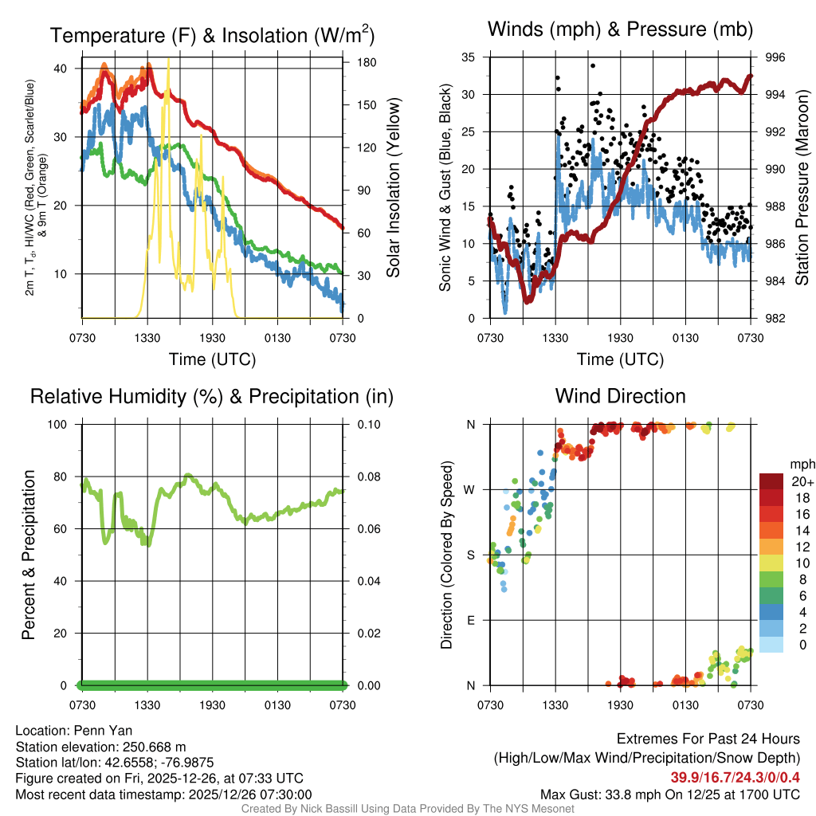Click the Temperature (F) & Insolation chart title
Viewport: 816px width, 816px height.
click(212, 36)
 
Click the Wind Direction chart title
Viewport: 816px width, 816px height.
click(620, 396)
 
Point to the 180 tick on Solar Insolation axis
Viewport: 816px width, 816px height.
click(360, 62)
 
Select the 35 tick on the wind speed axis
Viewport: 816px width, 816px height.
click(468, 57)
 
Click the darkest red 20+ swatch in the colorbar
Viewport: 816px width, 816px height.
click(772, 481)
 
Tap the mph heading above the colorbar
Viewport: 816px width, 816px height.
click(801, 464)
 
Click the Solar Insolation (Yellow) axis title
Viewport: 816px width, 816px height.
click(393, 188)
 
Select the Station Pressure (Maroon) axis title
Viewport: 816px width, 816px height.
click(802, 188)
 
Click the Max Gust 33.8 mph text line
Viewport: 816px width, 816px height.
click(669, 794)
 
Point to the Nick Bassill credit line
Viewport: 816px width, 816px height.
click(407, 809)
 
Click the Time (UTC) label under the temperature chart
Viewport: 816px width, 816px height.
click(212, 359)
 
